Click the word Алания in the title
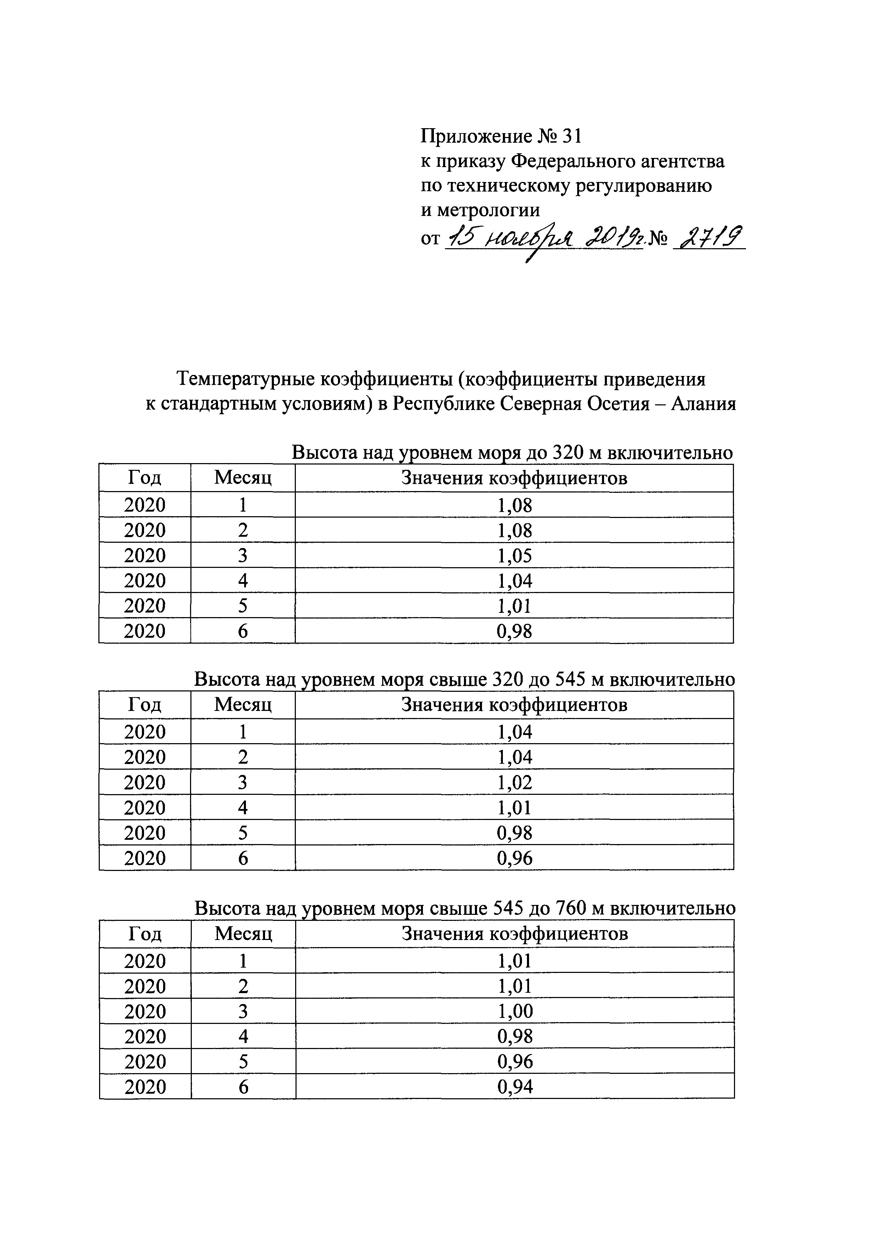704,404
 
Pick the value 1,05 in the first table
514,556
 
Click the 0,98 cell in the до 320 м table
514,631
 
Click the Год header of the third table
145,934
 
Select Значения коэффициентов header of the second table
514,705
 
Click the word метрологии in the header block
480,209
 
